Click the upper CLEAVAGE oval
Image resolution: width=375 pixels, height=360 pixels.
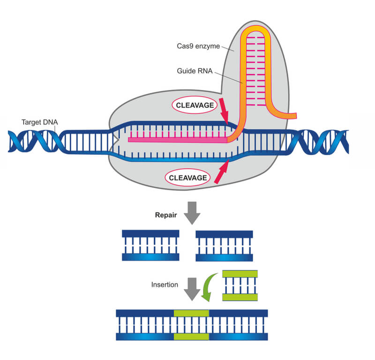point(194,105)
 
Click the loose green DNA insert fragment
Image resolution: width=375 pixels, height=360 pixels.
point(240,285)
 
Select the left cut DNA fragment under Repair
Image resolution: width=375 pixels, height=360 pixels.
point(150,245)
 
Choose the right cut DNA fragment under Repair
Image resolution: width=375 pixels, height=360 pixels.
point(224,245)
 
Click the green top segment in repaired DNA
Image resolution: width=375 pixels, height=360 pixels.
point(191,313)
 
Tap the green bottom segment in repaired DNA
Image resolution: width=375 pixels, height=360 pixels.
point(191,337)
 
